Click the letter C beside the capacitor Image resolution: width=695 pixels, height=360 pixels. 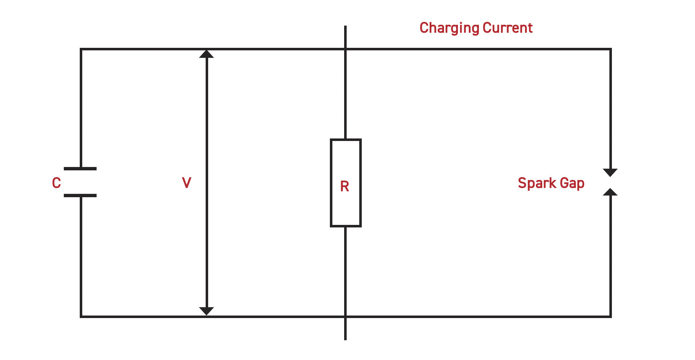click(x=56, y=183)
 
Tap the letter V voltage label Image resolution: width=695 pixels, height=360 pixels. click(x=186, y=183)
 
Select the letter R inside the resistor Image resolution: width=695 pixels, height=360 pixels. click(x=345, y=186)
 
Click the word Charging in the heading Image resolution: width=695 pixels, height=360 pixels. click(x=449, y=28)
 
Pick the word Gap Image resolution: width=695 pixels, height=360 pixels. click(x=572, y=183)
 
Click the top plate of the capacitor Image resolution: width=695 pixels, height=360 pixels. click(x=80, y=169)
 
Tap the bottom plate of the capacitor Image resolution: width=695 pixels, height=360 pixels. click(x=80, y=196)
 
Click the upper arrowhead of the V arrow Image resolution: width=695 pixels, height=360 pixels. click(x=206, y=54)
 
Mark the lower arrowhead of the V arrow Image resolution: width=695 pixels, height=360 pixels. click(x=206, y=311)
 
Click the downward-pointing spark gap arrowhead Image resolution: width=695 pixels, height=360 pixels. click(x=610, y=172)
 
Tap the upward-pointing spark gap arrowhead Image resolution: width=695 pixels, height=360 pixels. click(x=610, y=192)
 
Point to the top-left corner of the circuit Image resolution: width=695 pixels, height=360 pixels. click(x=81, y=49)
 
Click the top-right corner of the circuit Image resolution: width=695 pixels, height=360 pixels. click(x=610, y=49)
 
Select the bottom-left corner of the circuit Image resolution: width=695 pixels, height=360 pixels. click(x=81, y=316)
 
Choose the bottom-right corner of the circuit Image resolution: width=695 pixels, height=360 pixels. click(x=610, y=316)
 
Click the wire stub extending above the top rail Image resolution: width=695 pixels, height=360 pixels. click(x=345, y=37)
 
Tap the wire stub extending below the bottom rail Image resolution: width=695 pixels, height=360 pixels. click(x=345, y=329)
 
